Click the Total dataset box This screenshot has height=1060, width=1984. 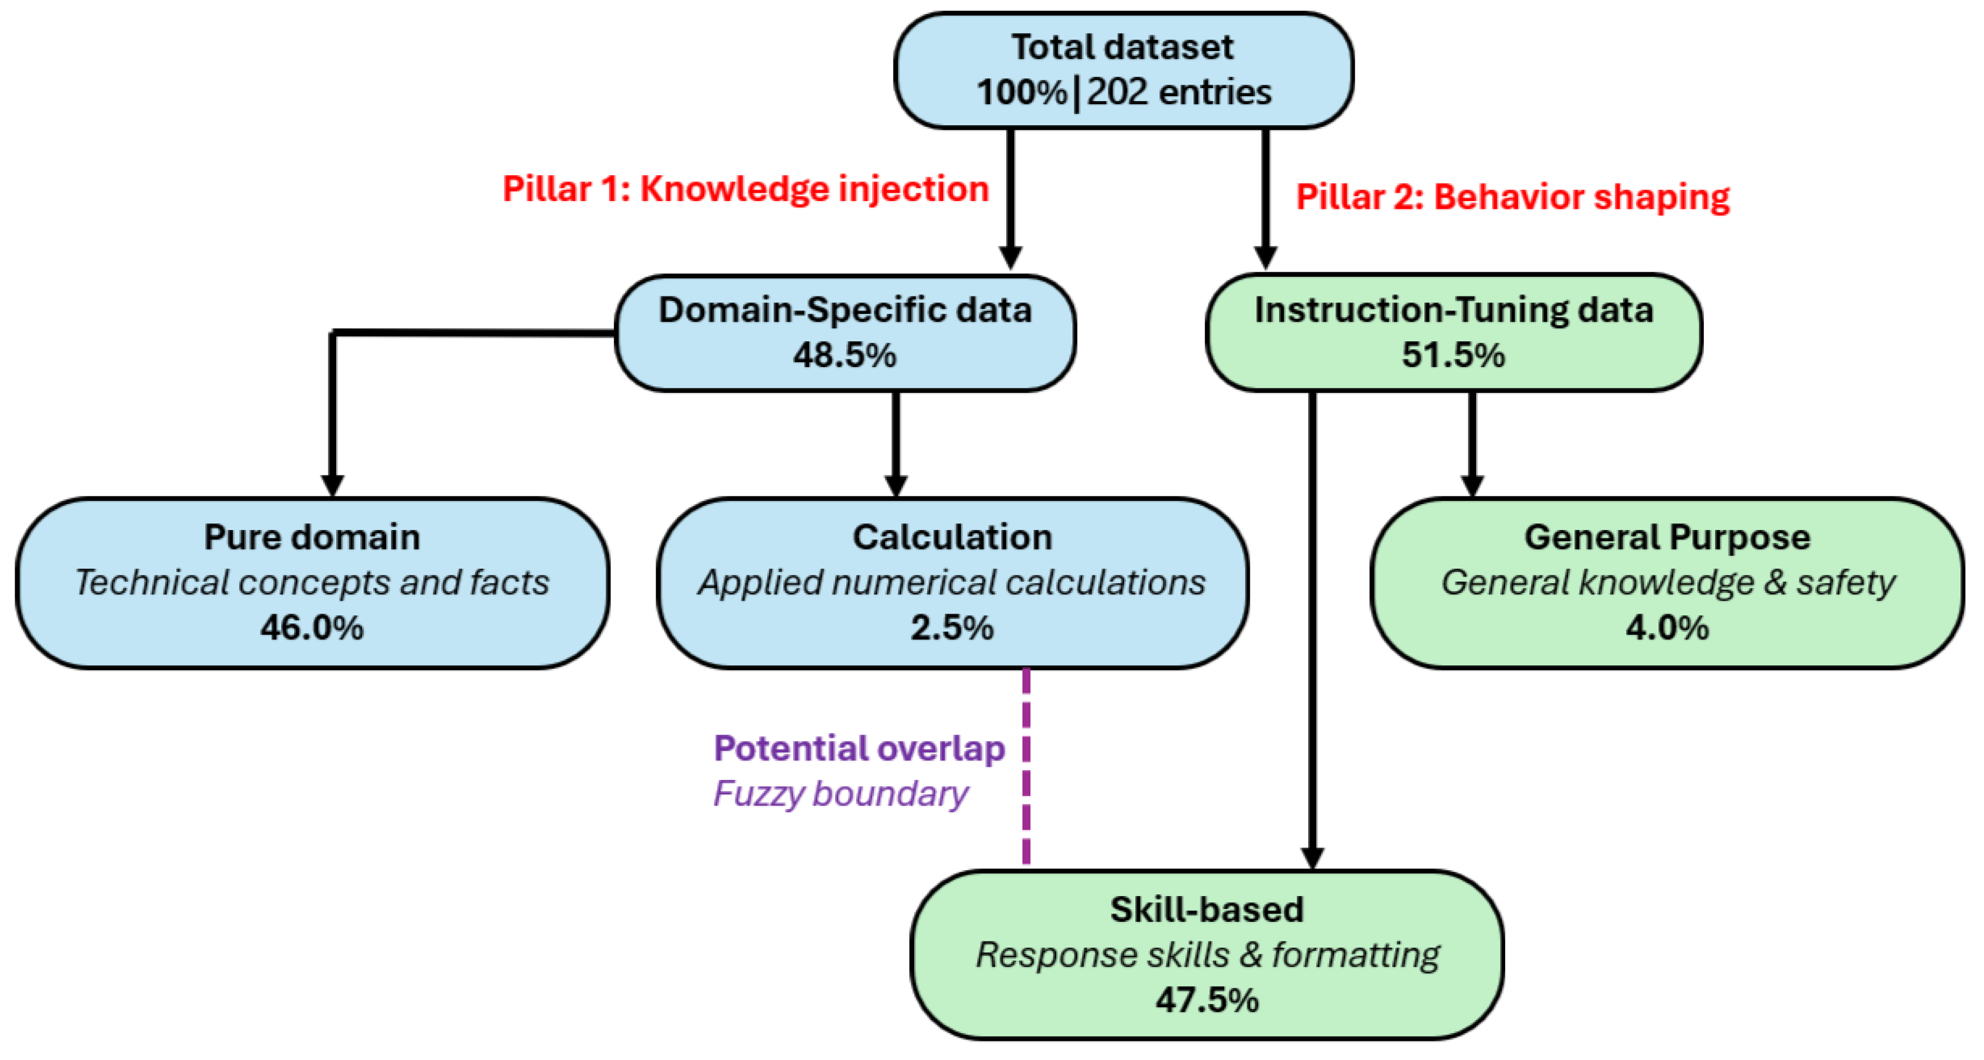click(1124, 70)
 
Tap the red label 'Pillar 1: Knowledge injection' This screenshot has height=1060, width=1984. click(745, 189)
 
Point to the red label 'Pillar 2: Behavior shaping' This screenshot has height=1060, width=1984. click(1513, 197)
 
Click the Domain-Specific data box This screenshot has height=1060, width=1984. click(845, 333)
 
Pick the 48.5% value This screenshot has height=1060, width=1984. click(845, 355)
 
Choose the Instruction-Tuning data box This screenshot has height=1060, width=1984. click(1453, 333)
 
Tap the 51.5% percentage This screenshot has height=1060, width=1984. click(1453, 355)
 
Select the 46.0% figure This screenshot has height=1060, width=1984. click(312, 628)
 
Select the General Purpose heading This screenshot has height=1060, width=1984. click(1667, 538)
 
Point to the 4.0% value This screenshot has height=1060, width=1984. click(1667, 628)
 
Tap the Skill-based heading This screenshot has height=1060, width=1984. click(1207, 910)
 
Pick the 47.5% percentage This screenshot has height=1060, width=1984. click(1207, 1000)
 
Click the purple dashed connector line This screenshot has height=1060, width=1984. click(1026, 766)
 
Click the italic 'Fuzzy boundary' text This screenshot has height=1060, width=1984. click(840, 793)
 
